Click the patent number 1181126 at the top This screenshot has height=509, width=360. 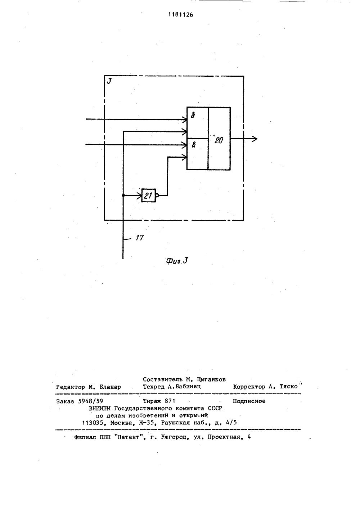click(x=181, y=15)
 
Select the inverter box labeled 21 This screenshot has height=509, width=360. click(x=149, y=195)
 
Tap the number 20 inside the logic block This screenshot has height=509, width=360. click(x=219, y=141)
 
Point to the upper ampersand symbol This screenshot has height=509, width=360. click(x=193, y=116)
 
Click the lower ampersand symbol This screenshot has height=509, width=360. click(x=194, y=145)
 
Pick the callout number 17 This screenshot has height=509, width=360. click(x=140, y=238)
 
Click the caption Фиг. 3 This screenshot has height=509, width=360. click(x=177, y=261)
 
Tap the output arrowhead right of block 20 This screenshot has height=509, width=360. click(x=255, y=139)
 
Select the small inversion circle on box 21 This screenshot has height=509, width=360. click(x=157, y=195)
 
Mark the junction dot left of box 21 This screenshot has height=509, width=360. click(x=123, y=195)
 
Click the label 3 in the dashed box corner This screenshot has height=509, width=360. click(x=109, y=81)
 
